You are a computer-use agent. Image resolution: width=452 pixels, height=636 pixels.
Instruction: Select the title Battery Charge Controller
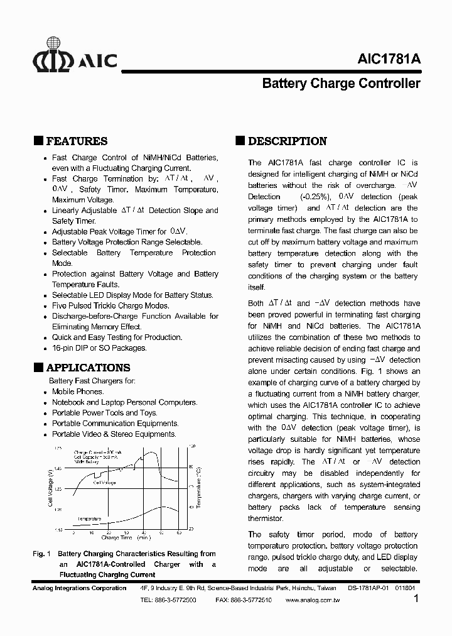coord(340,83)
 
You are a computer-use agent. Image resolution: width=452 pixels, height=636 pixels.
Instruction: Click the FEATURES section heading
coord(77,141)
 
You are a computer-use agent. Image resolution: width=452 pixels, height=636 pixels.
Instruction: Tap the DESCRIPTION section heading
coord(288,141)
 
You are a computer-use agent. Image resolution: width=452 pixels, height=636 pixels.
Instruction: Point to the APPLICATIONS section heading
coord(89,368)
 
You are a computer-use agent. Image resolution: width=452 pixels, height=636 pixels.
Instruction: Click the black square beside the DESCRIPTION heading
coord(240,141)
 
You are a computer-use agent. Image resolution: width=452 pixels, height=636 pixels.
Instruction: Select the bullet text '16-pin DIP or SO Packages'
coord(99,348)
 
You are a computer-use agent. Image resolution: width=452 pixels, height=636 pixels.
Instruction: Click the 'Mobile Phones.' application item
coord(77,392)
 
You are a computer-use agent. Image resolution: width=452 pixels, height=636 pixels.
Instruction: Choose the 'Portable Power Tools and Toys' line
coord(104,413)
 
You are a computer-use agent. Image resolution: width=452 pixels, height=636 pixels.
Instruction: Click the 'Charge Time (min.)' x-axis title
coord(126,538)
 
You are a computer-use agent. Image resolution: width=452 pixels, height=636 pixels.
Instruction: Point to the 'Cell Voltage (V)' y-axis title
coord(50,488)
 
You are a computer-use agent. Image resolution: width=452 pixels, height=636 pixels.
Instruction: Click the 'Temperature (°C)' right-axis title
coord(198,488)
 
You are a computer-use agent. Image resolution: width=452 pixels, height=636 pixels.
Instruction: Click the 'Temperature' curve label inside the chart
coord(89,519)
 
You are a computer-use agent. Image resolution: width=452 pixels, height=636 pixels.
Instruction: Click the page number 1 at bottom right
coord(417,600)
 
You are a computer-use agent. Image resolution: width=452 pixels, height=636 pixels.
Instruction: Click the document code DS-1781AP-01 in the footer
coord(368,588)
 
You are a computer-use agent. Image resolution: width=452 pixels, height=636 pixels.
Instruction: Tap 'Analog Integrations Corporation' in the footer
coord(79,588)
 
